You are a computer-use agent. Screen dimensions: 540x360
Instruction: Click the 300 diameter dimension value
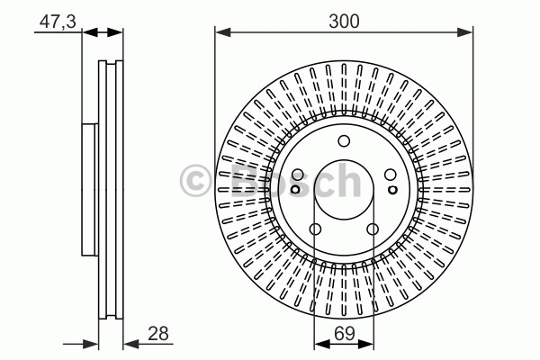(x=344, y=21)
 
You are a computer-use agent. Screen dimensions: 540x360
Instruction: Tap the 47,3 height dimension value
(x=58, y=22)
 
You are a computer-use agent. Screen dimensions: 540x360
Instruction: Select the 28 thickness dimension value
(x=158, y=334)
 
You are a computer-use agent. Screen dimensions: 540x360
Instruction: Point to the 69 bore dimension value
(x=345, y=334)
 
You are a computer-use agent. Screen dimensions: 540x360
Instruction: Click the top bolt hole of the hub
(x=344, y=141)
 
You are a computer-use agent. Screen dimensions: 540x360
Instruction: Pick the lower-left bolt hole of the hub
(x=315, y=229)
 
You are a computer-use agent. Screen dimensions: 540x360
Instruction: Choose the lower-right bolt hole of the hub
(x=373, y=229)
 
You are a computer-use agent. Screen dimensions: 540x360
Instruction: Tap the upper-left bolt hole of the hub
(x=298, y=175)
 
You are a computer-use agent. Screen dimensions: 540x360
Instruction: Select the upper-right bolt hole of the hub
(x=391, y=175)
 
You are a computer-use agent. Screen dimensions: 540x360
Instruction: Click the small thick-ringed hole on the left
(x=295, y=190)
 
